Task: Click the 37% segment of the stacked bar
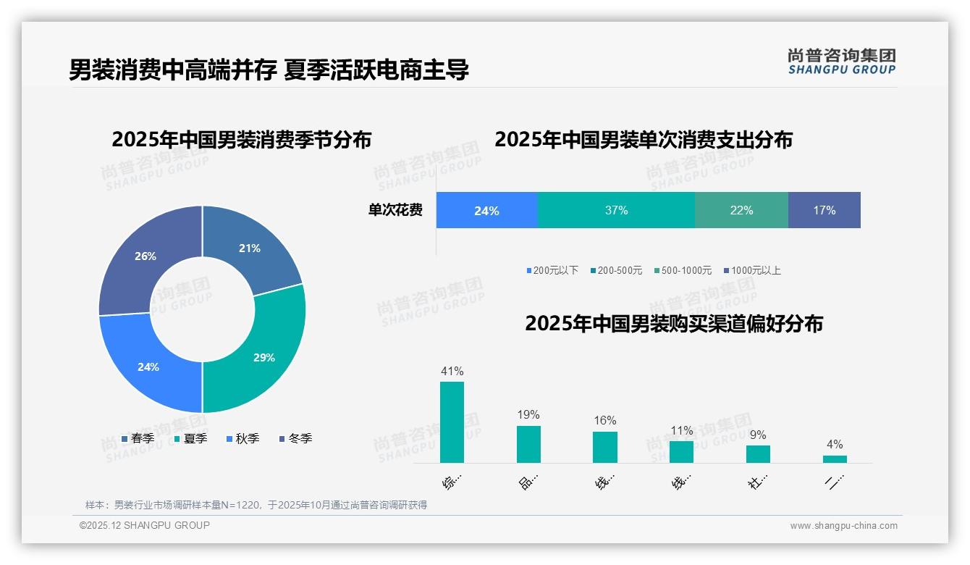click(616, 210)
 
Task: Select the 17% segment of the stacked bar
click(824, 210)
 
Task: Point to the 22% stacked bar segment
click(741, 210)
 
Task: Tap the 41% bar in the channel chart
click(452, 422)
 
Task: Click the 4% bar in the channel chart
click(835, 459)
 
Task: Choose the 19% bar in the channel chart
click(528, 444)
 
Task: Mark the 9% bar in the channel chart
click(758, 453)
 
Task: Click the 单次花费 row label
click(395, 210)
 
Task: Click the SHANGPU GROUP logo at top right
click(841, 62)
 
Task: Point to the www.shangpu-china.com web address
click(843, 526)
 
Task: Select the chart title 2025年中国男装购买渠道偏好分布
click(673, 323)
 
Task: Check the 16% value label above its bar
click(604, 420)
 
